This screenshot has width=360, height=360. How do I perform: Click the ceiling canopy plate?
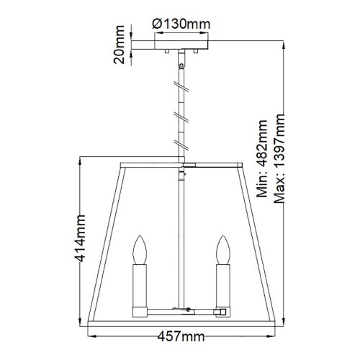tap(179, 48)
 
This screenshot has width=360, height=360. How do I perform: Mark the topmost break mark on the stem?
tap(179, 85)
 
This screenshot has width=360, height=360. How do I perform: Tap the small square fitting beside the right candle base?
tap(223, 311)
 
